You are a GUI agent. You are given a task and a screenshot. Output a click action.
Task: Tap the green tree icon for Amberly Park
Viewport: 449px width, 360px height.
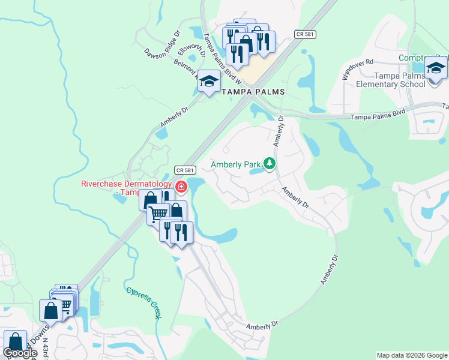270,163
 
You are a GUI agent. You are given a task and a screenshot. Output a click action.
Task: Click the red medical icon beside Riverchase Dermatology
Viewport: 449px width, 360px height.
181,188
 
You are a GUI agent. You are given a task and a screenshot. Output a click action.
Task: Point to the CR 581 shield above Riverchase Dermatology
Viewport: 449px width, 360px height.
185,170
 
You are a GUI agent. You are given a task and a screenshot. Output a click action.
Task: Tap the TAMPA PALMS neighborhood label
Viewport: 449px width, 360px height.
253,92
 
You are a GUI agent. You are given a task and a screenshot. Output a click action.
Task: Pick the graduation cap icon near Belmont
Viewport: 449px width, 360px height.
209,82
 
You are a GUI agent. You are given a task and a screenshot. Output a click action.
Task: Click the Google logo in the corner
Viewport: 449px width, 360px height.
20,353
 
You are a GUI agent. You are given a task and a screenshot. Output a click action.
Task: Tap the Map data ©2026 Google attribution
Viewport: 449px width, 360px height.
412,355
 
